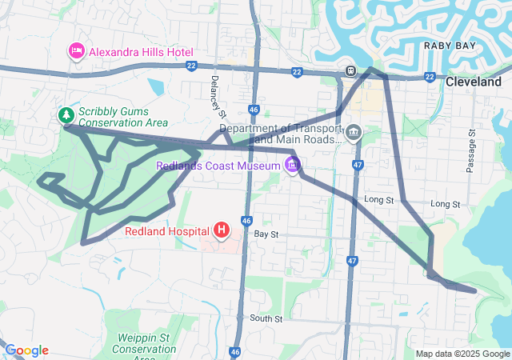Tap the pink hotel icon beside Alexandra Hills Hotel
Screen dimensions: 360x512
(78, 51)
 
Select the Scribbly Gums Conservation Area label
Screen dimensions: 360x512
(123, 117)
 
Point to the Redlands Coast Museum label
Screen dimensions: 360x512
(218, 165)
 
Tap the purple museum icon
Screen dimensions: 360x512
(293, 166)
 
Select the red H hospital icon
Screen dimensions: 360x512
(222, 231)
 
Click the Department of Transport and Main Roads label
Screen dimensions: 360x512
(280, 133)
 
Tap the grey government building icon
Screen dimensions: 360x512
(354, 132)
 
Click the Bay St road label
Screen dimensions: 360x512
(266, 235)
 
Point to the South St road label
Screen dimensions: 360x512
(266, 318)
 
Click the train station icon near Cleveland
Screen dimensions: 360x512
(350, 70)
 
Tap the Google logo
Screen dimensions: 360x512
(26, 350)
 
